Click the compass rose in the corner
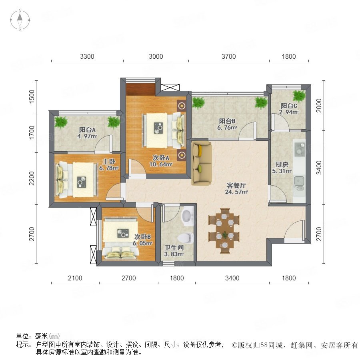(x=20, y=20)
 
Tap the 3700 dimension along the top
(x=229, y=56)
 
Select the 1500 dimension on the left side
(x=32, y=96)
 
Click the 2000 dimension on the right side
(x=319, y=106)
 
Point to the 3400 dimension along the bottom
(x=232, y=278)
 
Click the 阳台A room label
(x=87, y=130)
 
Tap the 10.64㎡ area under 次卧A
(x=161, y=164)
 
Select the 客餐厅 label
(x=236, y=186)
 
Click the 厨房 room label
(x=282, y=165)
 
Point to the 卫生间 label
(x=174, y=248)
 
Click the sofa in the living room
(x=201, y=164)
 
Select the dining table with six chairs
(x=224, y=231)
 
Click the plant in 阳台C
(x=299, y=96)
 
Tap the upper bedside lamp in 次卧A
(x=182, y=106)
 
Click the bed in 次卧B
(x=120, y=239)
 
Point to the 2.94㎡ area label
(x=288, y=112)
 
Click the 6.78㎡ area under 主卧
(x=109, y=168)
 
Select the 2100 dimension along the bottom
(x=75, y=278)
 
